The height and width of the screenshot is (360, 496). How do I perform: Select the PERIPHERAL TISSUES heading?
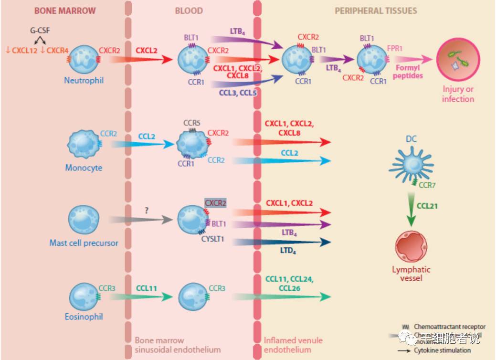click(x=376, y=11)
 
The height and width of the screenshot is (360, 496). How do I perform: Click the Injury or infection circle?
click(x=458, y=59)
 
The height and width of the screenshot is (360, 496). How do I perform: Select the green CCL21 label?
click(x=427, y=206)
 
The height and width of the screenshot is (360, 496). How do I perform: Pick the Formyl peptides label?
click(x=408, y=72)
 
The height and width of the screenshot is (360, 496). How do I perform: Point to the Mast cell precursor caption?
click(x=84, y=243)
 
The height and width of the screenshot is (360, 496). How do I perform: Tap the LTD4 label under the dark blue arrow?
click(x=287, y=251)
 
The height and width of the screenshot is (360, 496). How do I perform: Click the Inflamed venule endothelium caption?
click(x=293, y=345)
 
